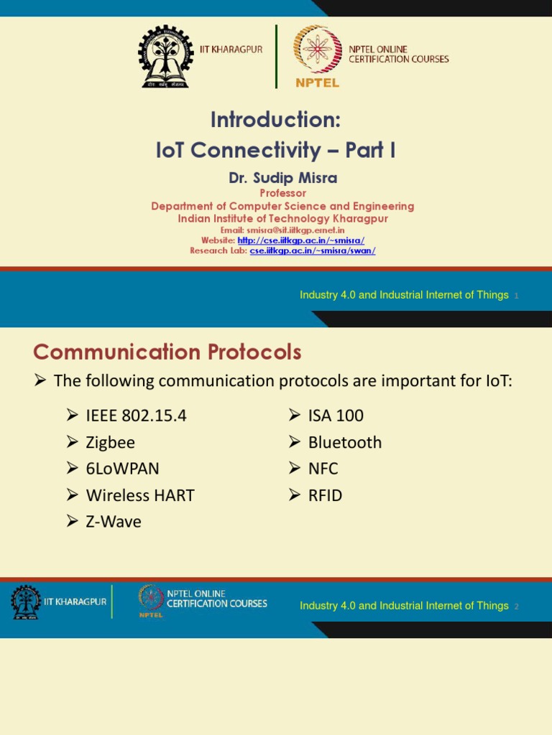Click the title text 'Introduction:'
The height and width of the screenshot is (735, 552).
pos(275,120)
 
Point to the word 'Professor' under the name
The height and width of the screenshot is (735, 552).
pos(282,193)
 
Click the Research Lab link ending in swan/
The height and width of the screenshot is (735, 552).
pos(313,251)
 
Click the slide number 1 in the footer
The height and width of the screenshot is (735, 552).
pos(517,296)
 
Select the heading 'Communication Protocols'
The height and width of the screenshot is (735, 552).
pos(167,352)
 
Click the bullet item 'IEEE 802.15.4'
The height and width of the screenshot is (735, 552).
pos(136,416)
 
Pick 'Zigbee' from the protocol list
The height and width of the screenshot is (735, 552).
pos(110,442)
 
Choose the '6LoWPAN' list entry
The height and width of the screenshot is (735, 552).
pos(122,469)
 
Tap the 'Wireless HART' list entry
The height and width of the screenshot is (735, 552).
pos(139,495)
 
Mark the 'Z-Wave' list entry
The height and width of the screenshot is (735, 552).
pos(114,522)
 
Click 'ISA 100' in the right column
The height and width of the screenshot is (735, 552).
pos(336,416)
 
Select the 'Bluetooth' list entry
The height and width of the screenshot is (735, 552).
pos(344,442)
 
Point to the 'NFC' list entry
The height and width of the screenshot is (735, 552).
pos(323,469)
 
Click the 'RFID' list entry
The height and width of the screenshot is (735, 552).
pos(325,495)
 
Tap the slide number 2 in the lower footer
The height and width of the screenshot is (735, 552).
pos(517,607)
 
